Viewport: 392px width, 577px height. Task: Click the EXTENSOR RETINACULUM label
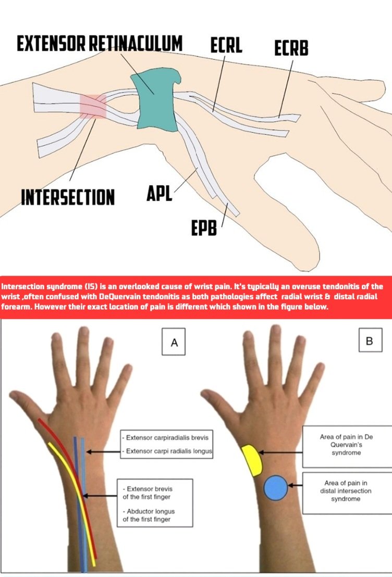pyautogui.click(x=100, y=44)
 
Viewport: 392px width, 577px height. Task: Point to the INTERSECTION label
pyautogui.click(x=68, y=197)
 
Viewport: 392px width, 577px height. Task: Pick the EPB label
pyautogui.click(x=204, y=228)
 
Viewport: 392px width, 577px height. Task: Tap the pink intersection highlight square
pyautogui.click(x=93, y=106)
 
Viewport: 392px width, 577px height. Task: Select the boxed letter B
pyautogui.click(x=370, y=342)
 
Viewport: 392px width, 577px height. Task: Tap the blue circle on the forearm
pyautogui.click(x=276, y=488)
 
